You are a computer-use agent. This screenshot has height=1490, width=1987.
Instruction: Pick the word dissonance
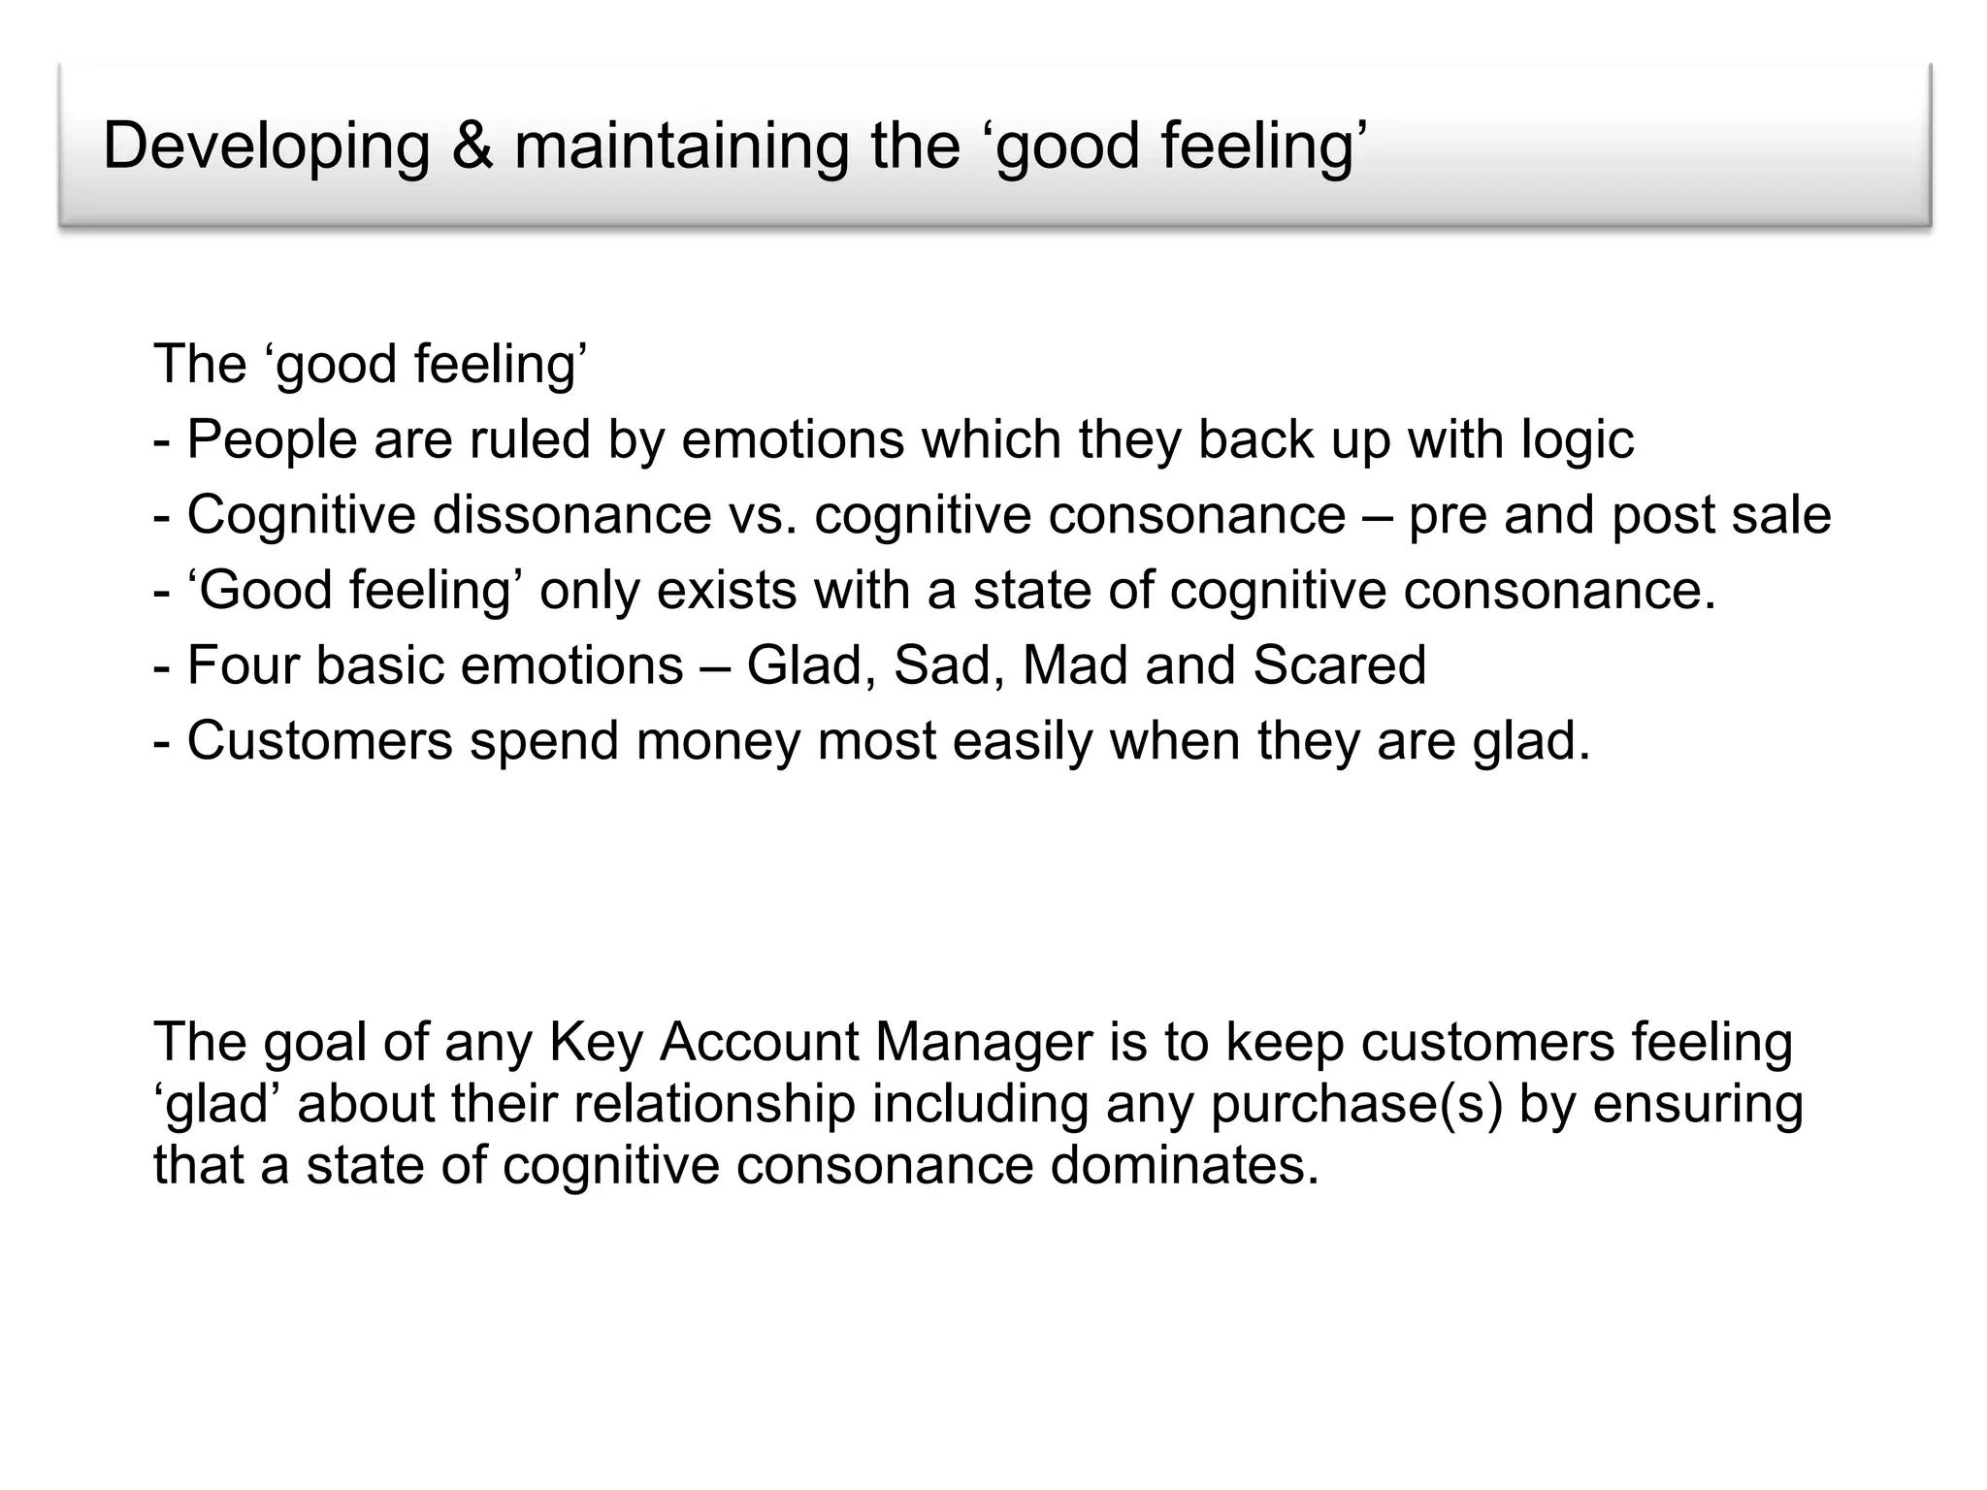point(572,514)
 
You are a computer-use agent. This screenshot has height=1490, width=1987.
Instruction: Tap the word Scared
point(1339,665)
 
